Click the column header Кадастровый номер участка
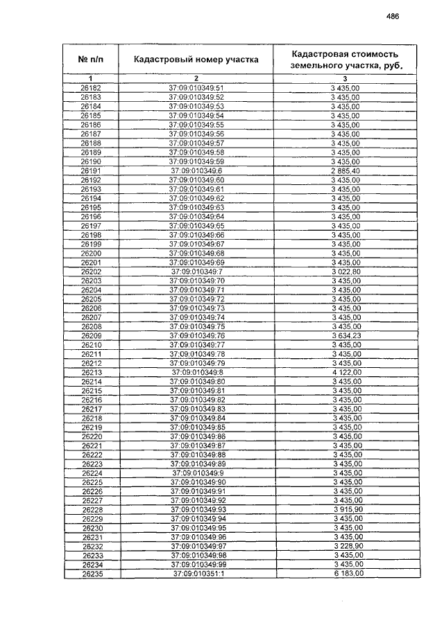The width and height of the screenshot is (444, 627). (x=196, y=60)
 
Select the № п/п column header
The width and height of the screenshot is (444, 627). (x=90, y=60)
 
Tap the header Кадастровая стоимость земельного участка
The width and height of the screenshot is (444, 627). (x=345, y=60)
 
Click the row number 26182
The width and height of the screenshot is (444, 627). (x=91, y=89)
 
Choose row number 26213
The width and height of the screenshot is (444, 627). (x=91, y=372)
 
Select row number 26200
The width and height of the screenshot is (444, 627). (x=91, y=253)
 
